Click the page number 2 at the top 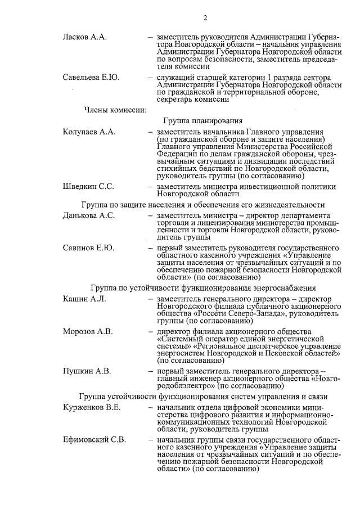click(205, 18)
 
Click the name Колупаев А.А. click(89, 132)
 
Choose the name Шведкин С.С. click(88, 186)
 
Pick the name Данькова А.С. click(88, 215)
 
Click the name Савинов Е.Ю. click(88, 248)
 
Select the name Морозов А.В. click(88, 332)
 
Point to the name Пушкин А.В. click(87, 371)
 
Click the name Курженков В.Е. click(91, 407)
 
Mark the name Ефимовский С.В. click(94, 439)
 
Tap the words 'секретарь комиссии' click(193, 100)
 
